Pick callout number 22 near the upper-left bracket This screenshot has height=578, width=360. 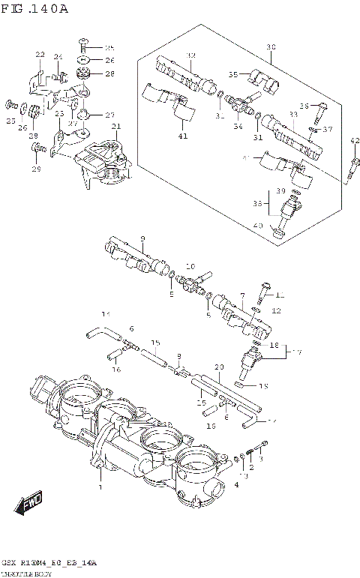coord(40,55)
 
